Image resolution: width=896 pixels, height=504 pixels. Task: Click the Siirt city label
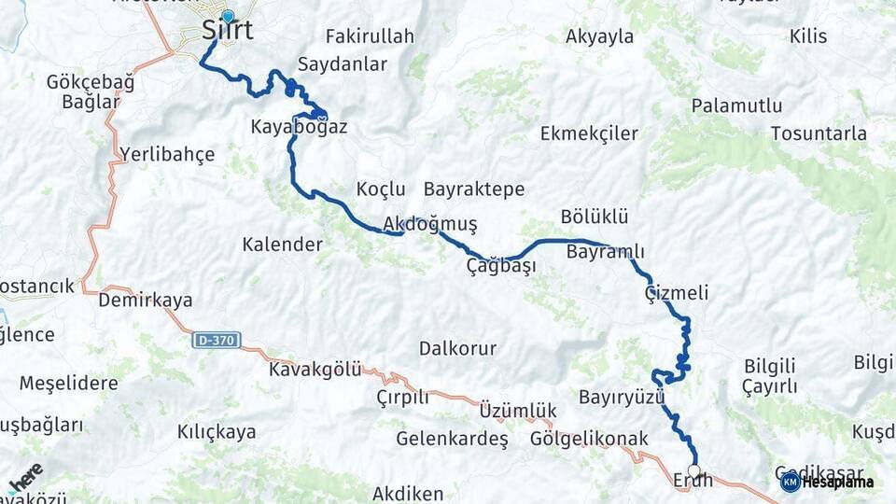pyautogui.click(x=227, y=32)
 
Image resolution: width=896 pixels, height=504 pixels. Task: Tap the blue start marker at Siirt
pyautogui.click(x=228, y=16)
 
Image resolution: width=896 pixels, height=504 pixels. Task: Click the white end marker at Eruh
pyautogui.click(x=693, y=470)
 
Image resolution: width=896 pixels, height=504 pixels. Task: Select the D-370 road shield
pyautogui.click(x=217, y=341)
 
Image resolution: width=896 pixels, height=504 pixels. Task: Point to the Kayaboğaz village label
pyautogui.click(x=299, y=126)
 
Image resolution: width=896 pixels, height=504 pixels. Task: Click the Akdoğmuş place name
pyautogui.click(x=430, y=224)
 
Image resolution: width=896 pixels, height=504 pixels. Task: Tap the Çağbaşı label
pyautogui.click(x=501, y=266)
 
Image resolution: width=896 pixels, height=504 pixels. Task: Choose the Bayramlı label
pyautogui.click(x=605, y=252)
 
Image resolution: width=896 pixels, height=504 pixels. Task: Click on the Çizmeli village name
pyautogui.click(x=677, y=293)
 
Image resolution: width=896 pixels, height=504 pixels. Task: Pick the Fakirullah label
pyautogui.click(x=370, y=37)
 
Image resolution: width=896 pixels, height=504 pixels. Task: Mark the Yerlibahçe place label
pyautogui.click(x=167, y=154)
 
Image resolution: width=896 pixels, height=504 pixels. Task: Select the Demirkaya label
pyautogui.click(x=146, y=301)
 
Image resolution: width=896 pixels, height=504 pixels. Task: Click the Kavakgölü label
pyautogui.click(x=315, y=369)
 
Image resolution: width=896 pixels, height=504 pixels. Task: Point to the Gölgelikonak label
pyautogui.click(x=589, y=438)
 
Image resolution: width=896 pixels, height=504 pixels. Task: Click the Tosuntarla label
pyautogui.click(x=819, y=133)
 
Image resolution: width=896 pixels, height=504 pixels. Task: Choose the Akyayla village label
pyautogui.click(x=600, y=37)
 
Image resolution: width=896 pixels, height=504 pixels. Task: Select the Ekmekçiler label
pyautogui.click(x=589, y=133)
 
